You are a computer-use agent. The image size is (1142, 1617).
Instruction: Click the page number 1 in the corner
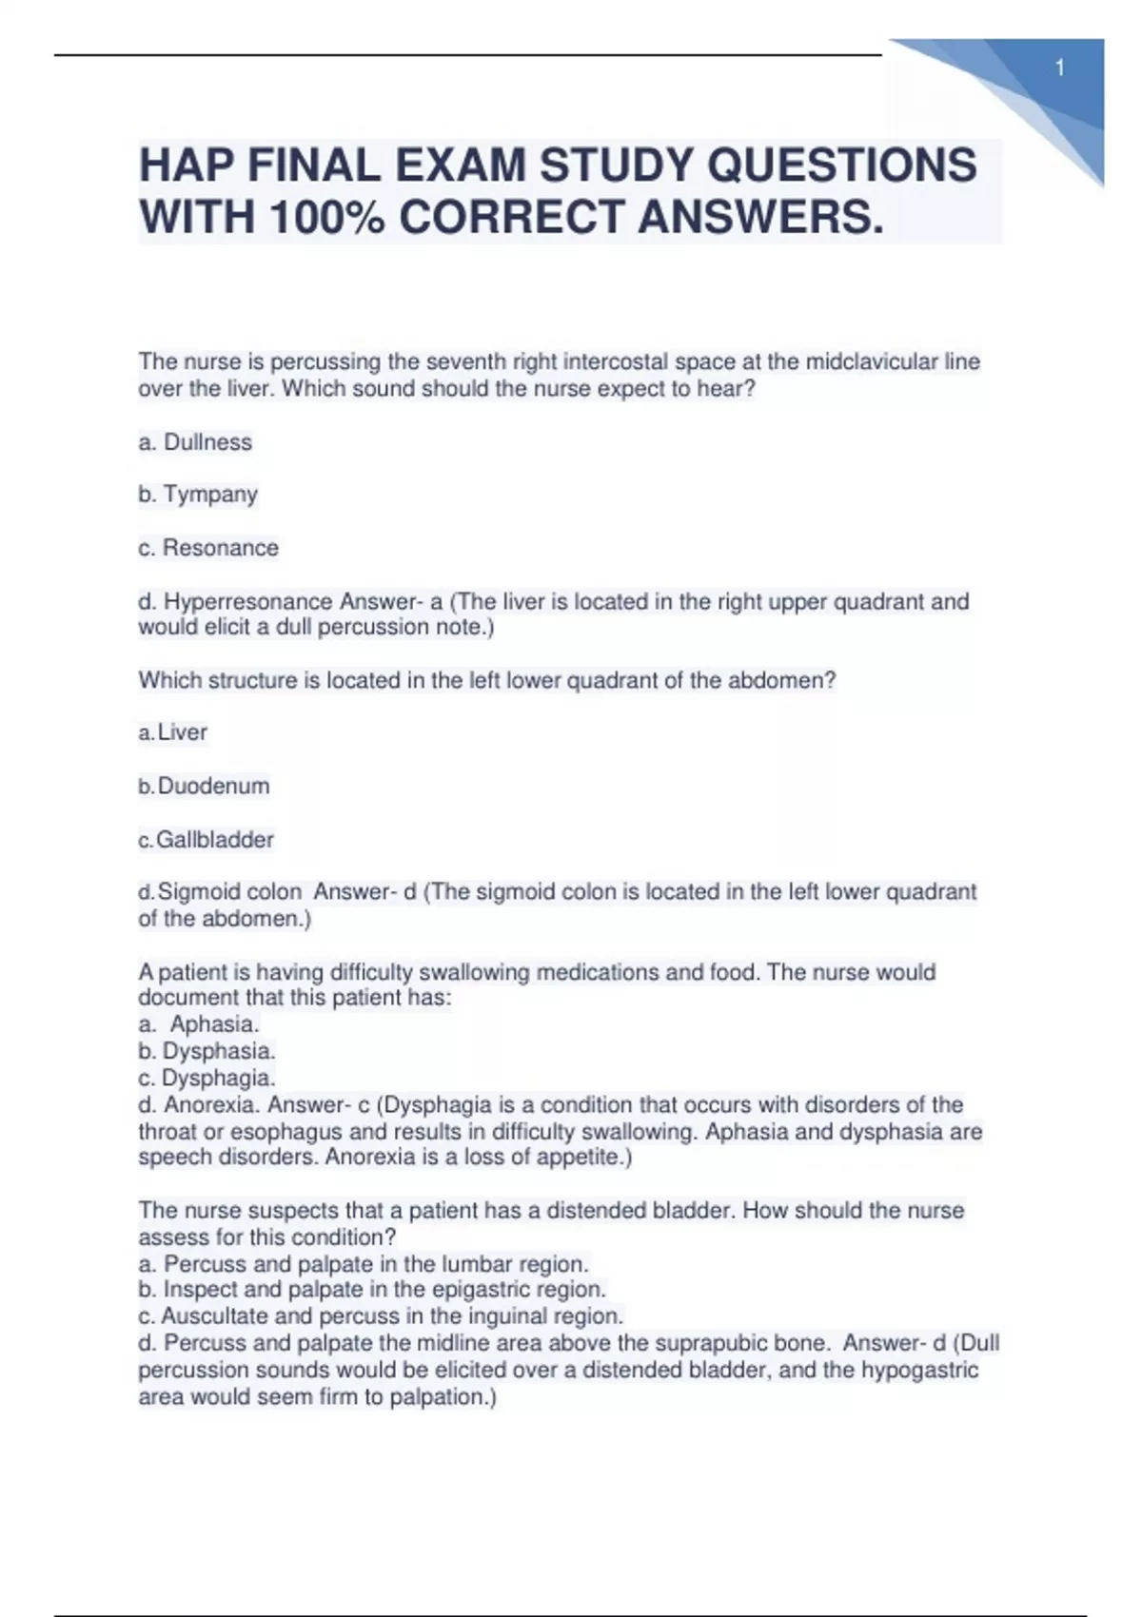1059,68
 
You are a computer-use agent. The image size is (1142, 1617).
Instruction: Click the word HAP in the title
186,166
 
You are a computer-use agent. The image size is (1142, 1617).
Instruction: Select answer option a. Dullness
195,442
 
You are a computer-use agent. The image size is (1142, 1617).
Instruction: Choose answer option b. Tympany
198,495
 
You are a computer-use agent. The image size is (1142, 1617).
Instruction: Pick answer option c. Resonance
208,548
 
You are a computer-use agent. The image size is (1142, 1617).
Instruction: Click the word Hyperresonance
248,601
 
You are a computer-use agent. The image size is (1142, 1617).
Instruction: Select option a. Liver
173,732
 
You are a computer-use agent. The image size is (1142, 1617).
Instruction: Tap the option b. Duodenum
205,786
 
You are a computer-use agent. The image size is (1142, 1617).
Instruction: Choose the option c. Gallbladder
207,840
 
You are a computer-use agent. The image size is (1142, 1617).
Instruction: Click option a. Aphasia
200,1024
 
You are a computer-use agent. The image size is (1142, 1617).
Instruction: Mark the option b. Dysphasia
207,1051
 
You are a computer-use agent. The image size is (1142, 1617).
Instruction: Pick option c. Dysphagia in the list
207,1078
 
